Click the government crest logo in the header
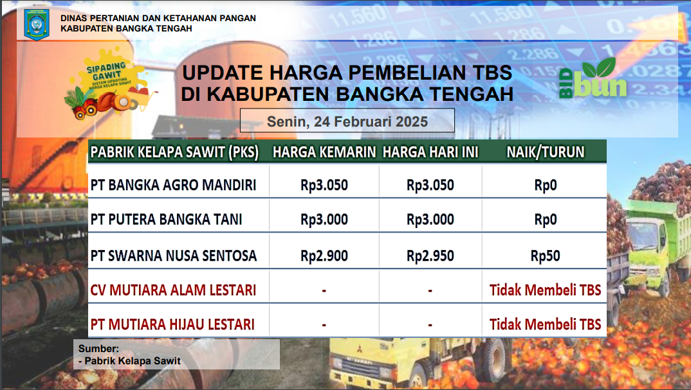click(36, 23)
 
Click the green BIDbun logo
click(593, 80)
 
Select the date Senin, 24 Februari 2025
click(347, 121)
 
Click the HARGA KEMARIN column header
click(324, 152)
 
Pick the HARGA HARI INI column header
click(430, 152)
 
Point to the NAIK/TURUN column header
click(545, 152)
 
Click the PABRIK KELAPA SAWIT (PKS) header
click(174, 152)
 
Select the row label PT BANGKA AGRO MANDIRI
click(174, 186)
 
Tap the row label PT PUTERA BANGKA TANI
click(167, 220)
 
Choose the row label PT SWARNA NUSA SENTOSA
click(174, 256)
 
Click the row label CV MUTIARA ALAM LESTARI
click(174, 290)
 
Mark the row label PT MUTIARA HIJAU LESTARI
click(172, 324)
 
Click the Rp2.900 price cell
click(324, 256)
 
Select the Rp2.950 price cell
click(430, 256)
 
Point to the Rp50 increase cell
click(545, 256)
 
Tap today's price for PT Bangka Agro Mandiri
click(430, 186)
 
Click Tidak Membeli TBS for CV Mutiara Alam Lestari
click(545, 290)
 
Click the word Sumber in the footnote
click(94, 348)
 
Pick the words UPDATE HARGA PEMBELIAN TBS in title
click(346, 72)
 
